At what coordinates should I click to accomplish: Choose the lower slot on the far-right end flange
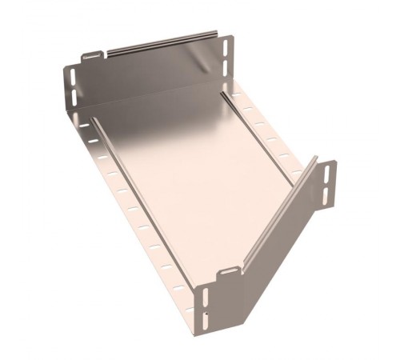click(330, 192)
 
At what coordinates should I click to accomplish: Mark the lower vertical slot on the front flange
click(206, 319)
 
